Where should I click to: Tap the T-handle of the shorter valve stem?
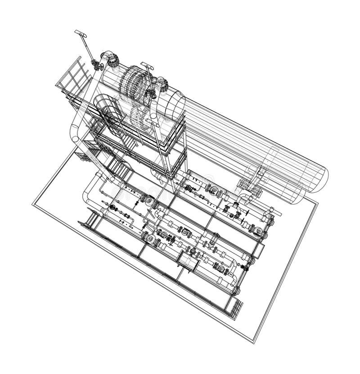(147, 66)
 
